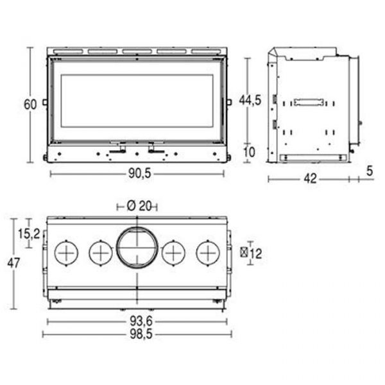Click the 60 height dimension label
[30, 105]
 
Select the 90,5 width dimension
[139, 174]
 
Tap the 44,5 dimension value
[250, 100]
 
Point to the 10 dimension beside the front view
[249, 152]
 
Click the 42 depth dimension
[310, 179]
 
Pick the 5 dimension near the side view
[370, 171]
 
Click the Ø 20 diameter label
[139, 206]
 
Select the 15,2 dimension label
[29, 234]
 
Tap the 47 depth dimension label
[13, 264]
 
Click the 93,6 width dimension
[141, 321]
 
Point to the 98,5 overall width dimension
[141, 334]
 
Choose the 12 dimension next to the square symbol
[256, 253]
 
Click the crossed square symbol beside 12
[244, 253]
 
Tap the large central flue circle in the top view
[137, 248]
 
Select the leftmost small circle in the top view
[66, 253]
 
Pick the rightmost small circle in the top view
[208, 253]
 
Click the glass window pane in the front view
[137, 101]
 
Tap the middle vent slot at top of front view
[137, 51]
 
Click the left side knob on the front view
[45, 102]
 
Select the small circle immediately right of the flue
[174, 253]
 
